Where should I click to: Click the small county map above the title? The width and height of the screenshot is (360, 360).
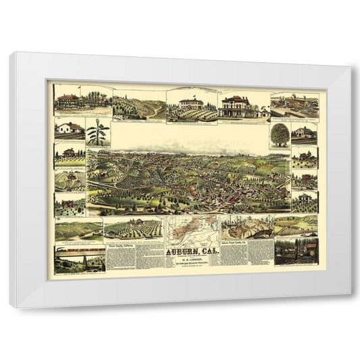[x=191, y=228]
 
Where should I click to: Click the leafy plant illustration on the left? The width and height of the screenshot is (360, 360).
[x=98, y=132]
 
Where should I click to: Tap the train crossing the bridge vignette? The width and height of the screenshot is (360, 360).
[x=79, y=254]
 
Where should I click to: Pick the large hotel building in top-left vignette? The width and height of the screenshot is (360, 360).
[x=70, y=101]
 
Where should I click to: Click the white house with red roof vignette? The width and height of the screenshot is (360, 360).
[x=70, y=128]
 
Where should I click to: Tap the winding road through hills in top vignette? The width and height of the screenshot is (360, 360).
[x=138, y=105]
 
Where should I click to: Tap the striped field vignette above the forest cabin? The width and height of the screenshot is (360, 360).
[x=294, y=225]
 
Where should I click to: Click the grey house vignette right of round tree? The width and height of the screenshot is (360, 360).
[x=304, y=133]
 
